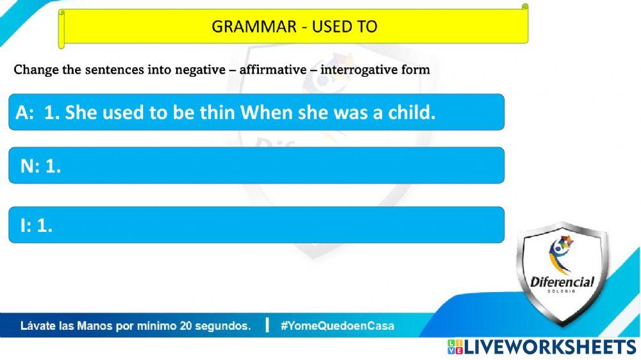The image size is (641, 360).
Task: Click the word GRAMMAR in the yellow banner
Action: (x=254, y=26)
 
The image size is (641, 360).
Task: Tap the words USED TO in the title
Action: (x=345, y=26)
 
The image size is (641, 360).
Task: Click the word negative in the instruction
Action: (x=200, y=70)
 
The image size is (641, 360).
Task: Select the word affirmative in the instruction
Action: (x=273, y=69)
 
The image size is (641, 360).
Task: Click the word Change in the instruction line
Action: (x=36, y=70)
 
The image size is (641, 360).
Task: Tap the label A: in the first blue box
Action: (x=24, y=112)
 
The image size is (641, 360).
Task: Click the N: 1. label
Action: (x=40, y=167)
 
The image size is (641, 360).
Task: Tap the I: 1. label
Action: (x=37, y=225)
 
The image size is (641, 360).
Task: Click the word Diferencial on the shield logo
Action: (x=562, y=282)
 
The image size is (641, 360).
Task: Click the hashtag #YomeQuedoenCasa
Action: (x=337, y=325)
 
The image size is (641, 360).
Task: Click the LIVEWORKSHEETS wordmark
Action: (x=551, y=347)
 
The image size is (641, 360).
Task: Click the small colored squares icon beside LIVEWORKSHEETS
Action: (x=455, y=347)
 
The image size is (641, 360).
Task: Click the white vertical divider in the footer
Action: (x=267, y=325)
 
